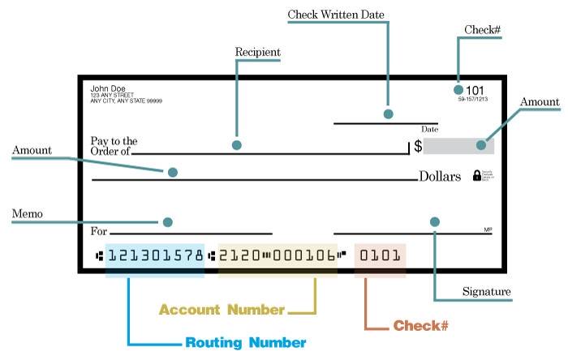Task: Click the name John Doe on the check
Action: click(107, 88)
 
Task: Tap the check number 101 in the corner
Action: click(475, 89)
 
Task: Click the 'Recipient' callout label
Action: click(257, 53)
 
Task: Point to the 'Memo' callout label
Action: click(27, 214)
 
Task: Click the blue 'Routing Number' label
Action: click(245, 343)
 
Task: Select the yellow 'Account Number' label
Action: click(222, 310)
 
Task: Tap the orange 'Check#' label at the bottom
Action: click(421, 326)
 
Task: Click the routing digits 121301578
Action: click(155, 256)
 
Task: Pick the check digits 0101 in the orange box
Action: click(380, 256)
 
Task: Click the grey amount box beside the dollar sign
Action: click(458, 146)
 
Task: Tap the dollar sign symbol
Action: click(418, 147)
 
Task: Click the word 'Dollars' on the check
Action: click(440, 176)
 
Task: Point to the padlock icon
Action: click(477, 176)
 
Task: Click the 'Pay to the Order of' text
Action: click(113, 146)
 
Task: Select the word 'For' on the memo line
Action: click(98, 230)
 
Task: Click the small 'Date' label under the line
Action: click(429, 129)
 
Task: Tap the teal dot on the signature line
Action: click(435, 221)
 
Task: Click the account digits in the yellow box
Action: click(277, 256)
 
